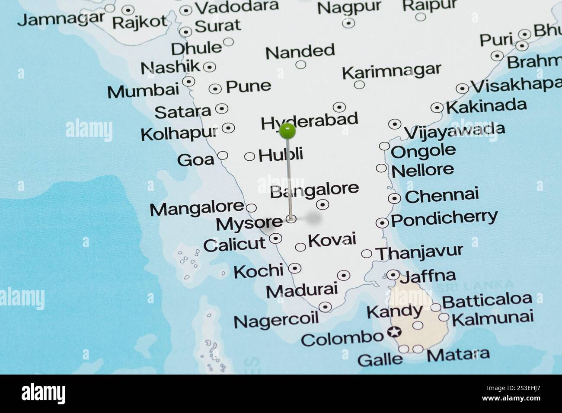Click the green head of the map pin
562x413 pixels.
287,130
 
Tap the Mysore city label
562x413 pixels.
249,223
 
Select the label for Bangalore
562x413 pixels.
314,190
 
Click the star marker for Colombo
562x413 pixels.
394,332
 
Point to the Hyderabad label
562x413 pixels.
310,121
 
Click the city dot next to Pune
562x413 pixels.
215,89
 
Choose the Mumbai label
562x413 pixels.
143,91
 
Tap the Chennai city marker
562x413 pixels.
394,198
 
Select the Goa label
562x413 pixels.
195,160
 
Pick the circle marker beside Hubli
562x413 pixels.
249,156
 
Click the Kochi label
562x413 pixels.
258,271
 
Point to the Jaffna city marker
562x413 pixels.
393,275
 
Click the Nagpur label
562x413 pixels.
349,7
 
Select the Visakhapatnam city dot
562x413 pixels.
462,89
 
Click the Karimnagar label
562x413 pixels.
391,71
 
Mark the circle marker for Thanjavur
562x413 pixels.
367,253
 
